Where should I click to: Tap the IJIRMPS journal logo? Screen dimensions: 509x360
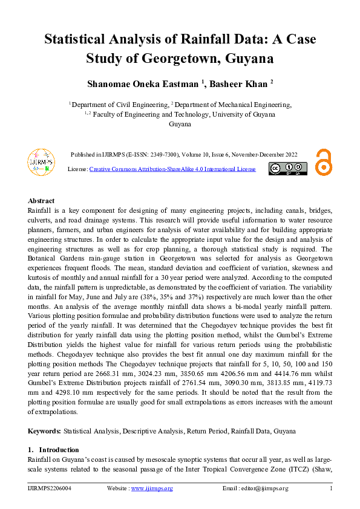[x=41, y=161]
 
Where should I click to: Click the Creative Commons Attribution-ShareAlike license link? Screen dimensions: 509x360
[x=172, y=169]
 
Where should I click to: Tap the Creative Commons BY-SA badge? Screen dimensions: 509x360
[x=288, y=169]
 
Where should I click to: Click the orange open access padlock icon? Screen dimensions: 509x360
[x=324, y=162]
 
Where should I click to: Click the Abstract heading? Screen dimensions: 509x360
[x=41, y=201]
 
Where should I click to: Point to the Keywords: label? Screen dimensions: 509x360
[x=44, y=431]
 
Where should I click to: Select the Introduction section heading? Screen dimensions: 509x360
[x=59, y=450]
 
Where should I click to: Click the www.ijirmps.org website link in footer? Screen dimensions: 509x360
[x=152, y=488]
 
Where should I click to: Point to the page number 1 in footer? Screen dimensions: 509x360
[x=331, y=488]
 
